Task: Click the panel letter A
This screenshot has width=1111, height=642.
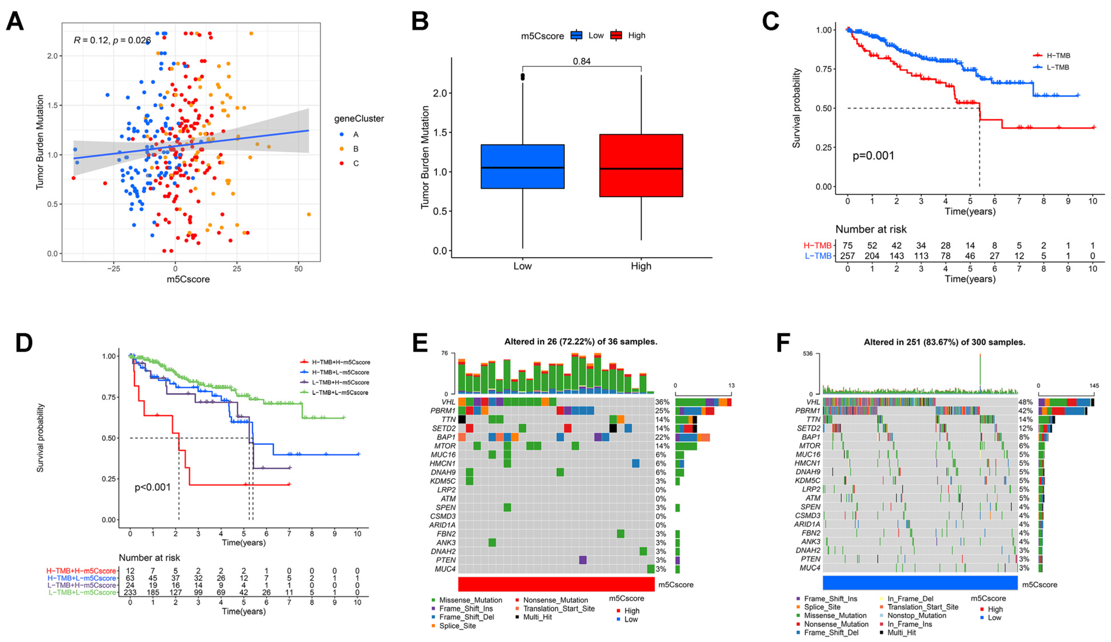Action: tap(15, 21)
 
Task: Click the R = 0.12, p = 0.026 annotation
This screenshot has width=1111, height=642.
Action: tap(112, 40)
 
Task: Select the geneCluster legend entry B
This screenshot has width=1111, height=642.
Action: tap(349, 149)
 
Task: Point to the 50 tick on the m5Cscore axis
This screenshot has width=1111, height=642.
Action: tap(298, 268)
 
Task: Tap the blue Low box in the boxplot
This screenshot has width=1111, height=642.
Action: tap(522, 167)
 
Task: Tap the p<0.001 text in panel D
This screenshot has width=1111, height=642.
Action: tap(153, 487)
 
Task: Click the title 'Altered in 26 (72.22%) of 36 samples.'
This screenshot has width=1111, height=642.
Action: tap(581, 342)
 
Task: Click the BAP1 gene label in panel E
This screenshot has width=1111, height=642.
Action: tap(446, 437)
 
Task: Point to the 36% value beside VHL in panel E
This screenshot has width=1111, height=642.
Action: tap(662, 402)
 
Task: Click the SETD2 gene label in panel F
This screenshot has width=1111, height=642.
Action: tap(808, 428)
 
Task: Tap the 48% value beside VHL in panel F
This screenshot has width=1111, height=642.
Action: tap(1026, 402)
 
